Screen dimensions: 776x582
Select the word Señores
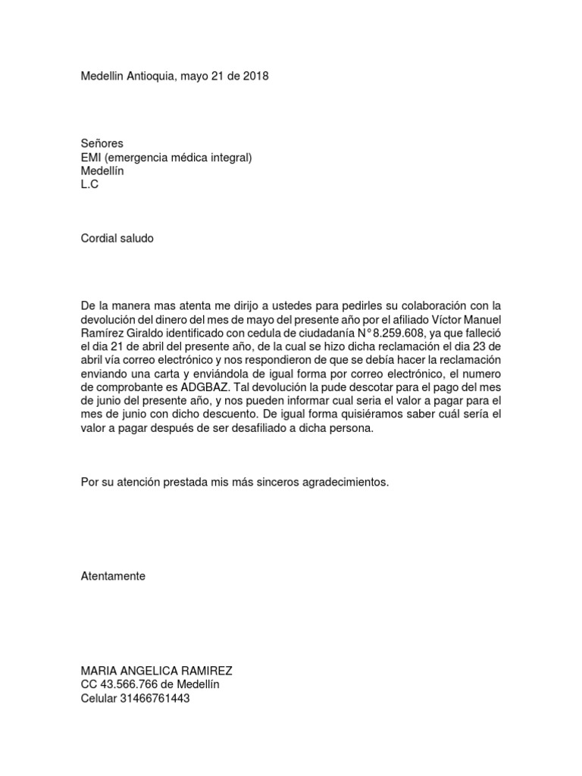[102, 143]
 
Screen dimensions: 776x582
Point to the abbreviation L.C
[89, 184]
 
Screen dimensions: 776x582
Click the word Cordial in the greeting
[99, 238]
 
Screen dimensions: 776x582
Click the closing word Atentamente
[113, 576]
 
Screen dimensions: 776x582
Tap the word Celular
[100, 698]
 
